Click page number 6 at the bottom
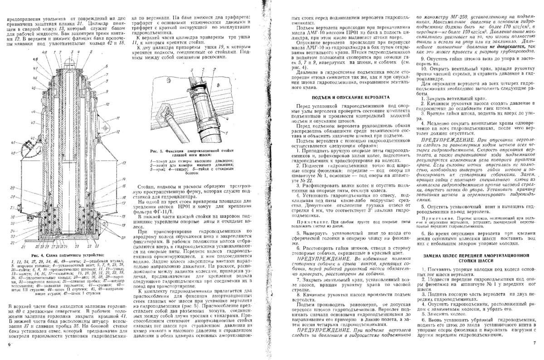(x=9, y=345)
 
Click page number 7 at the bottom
(x=535, y=346)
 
